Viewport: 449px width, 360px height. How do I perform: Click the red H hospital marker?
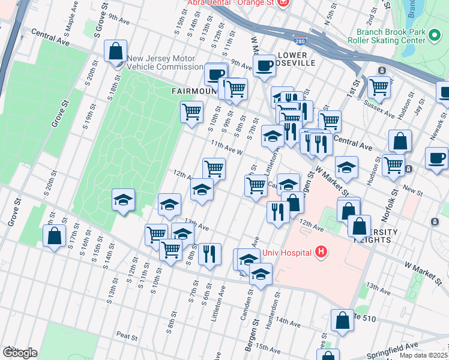[322, 251]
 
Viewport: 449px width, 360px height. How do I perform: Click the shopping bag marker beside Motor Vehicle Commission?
[115, 52]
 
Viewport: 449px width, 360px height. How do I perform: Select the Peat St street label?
[128, 335]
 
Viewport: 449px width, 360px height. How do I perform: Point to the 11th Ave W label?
[226, 147]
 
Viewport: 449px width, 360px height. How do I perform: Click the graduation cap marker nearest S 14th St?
[123, 200]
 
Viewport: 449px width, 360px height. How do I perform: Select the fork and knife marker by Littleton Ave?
[209, 254]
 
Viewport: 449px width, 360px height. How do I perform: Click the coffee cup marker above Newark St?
[436, 158]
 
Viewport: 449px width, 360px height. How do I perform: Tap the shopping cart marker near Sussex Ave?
[379, 88]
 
